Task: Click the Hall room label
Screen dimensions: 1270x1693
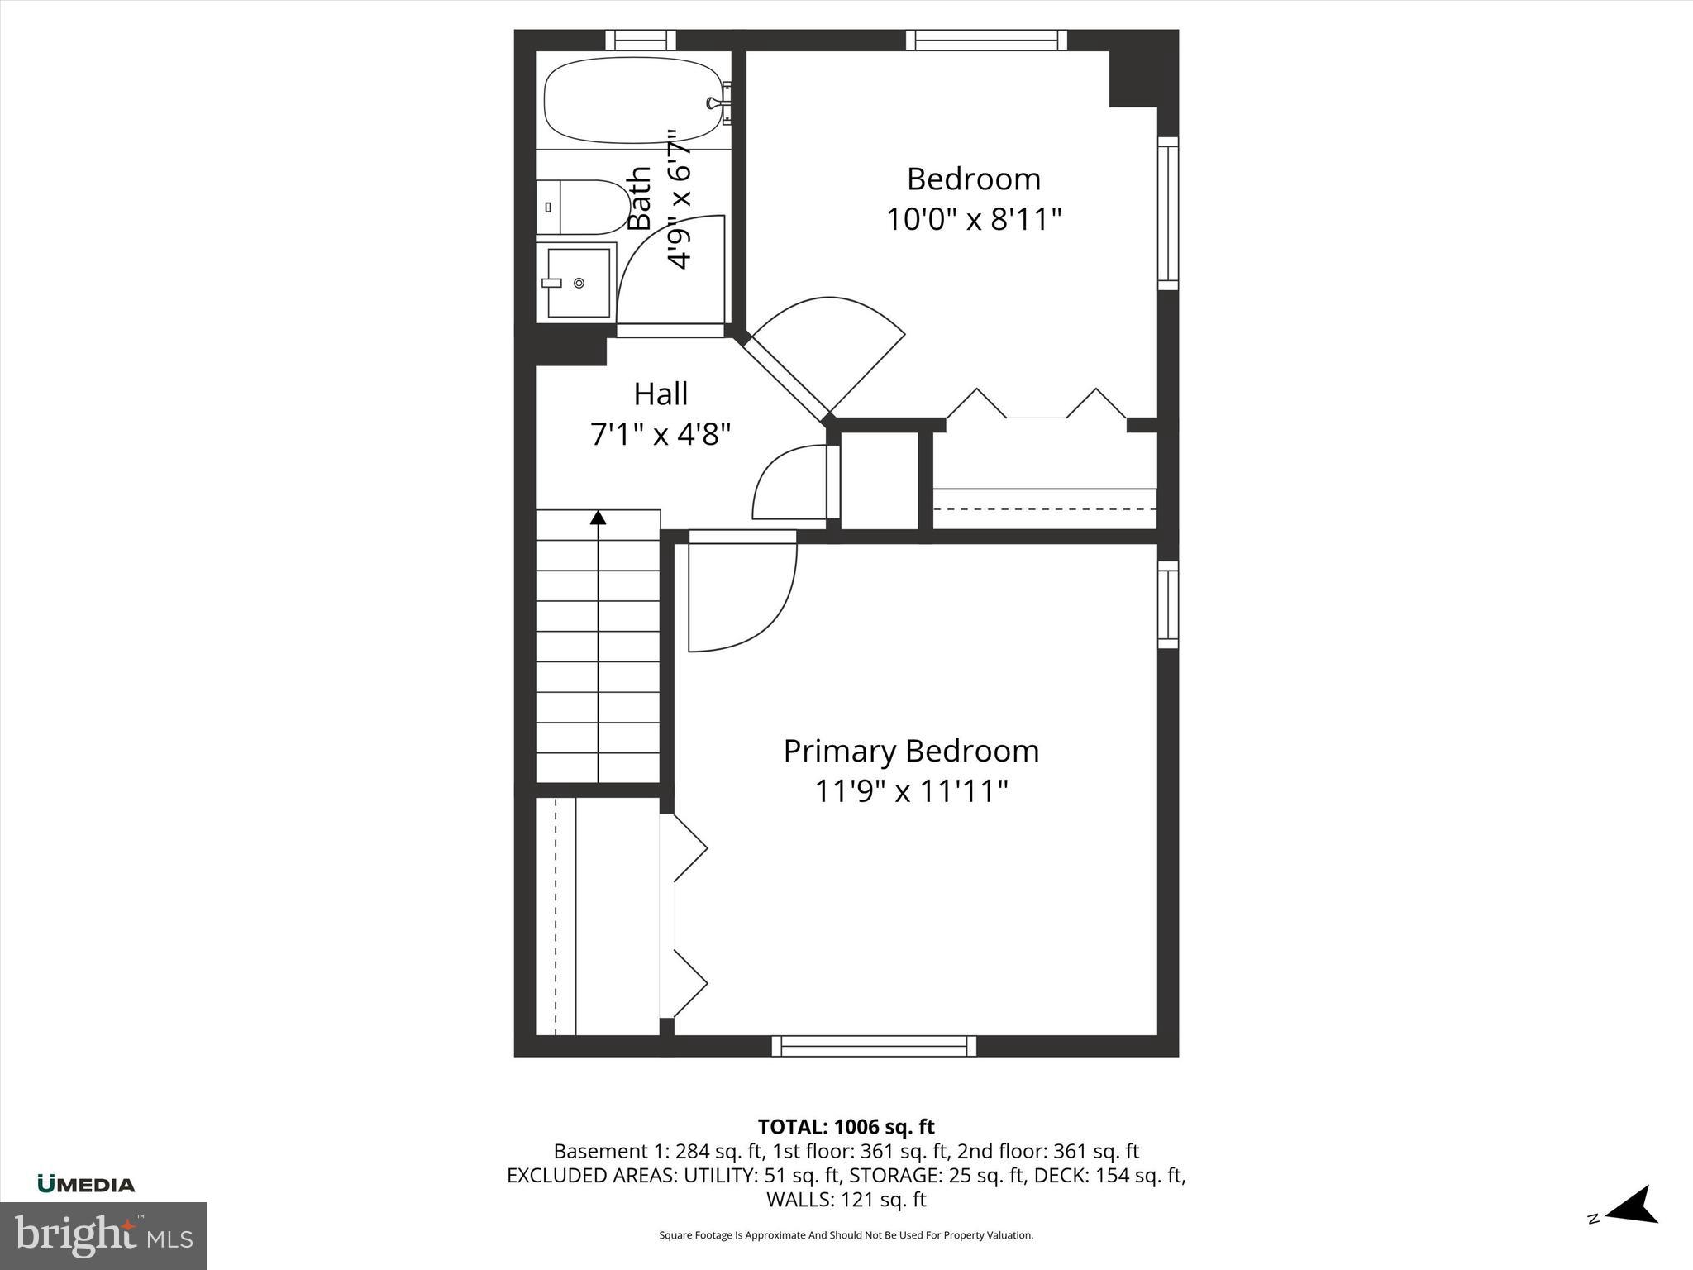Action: click(661, 394)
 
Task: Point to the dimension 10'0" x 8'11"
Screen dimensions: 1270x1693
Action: click(973, 220)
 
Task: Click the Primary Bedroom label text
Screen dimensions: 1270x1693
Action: click(911, 752)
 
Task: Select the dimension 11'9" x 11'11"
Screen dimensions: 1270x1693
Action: click(911, 792)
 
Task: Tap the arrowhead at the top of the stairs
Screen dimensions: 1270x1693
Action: click(598, 518)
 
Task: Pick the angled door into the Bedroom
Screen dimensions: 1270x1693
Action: click(827, 356)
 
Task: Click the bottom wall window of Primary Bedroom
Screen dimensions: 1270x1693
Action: click(874, 1046)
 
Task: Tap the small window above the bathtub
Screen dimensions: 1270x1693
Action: click(641, 40)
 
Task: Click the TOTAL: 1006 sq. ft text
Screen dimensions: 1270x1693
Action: click(846, 1127)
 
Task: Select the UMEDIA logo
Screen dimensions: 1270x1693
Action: click(86, 1185)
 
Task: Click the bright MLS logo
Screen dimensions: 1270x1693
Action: click(103, 1235)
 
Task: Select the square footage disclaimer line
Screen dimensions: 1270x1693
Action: click(846, 1235)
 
